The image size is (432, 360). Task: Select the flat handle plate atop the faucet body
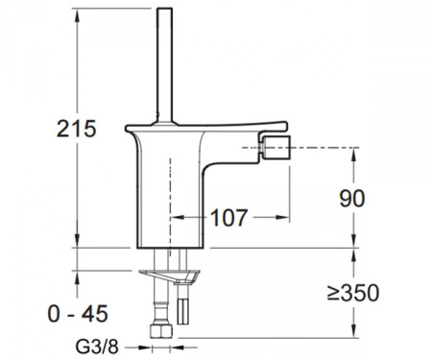coord(211,124)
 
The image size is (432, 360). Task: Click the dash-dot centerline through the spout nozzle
coord(317,149)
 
